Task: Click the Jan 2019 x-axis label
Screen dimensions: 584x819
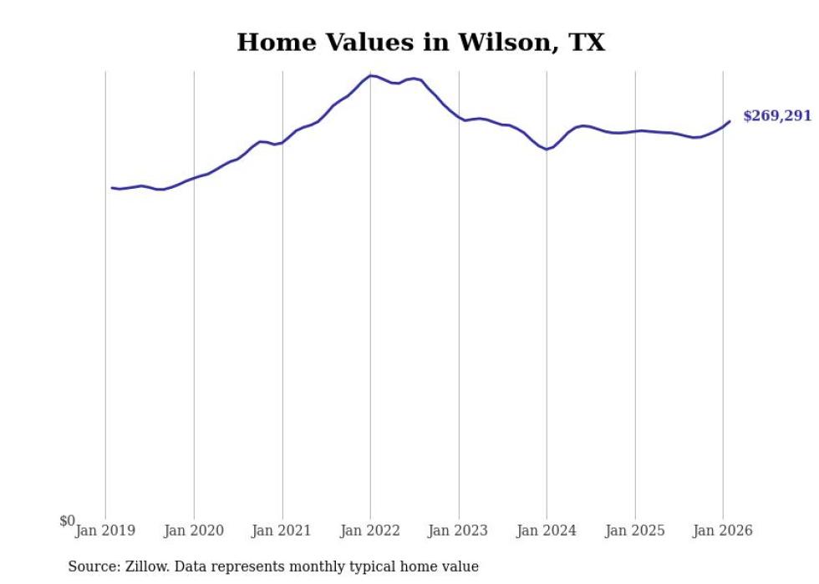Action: pos(105,531)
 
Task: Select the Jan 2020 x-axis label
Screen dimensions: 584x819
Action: pos(194,531)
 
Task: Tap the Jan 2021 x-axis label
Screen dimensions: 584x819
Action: pos(282,531)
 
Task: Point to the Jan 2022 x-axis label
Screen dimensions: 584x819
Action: pos(370,531)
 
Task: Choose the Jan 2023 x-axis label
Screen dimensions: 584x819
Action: pos(459,531)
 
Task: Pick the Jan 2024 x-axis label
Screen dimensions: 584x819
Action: pos(547,531)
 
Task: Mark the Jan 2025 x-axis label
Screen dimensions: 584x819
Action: pos(635,531)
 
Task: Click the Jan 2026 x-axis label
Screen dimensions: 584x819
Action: pos(724,531)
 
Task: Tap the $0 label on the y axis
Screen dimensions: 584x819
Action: pos(67,521)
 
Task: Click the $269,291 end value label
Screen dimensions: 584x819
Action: pos(777,116)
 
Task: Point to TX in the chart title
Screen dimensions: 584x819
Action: pos(587,43)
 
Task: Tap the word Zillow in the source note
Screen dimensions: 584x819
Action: pos(145,566)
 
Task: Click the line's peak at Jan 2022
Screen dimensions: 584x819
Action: pos(371,75)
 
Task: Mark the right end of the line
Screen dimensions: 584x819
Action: pos(730,121)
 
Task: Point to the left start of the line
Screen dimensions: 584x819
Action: pos(112,187)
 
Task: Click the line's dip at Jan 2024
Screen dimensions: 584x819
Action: pos(546,149)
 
